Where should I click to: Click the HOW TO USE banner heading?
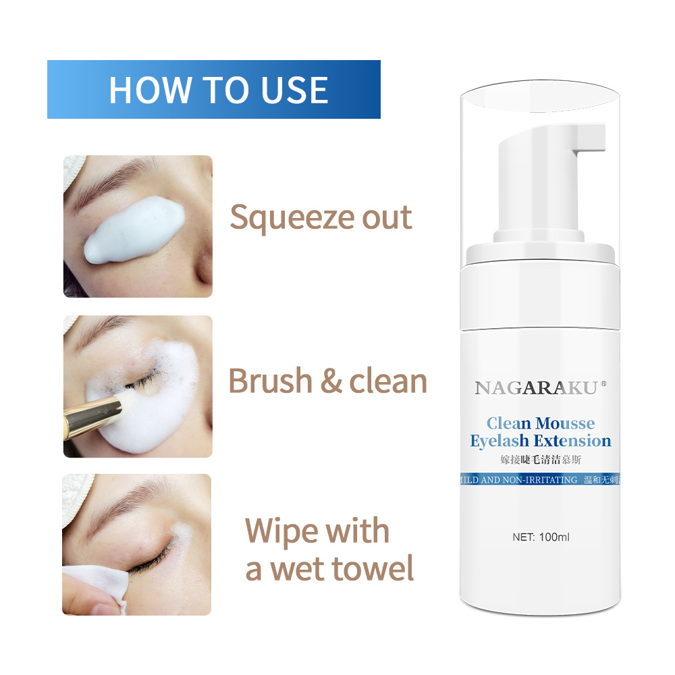coord(219,90)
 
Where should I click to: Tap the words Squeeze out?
coord(321,218)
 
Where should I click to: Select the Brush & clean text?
coord(327,381)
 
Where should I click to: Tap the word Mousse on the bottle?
coord(565,423)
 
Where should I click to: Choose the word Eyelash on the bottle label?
coord(500,441)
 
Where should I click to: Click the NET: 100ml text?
coord(541,537)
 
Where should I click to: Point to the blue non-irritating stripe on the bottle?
coord(540,479)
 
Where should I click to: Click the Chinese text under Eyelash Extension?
coord(541,460)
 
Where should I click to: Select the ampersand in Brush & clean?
coord(331,381)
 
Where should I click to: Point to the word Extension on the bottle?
coord(572,441)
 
